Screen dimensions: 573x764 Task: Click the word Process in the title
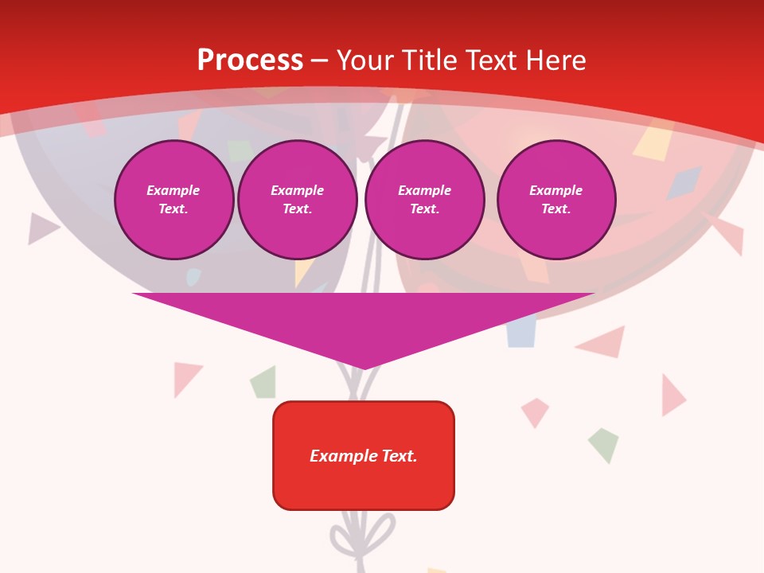pos(250,60)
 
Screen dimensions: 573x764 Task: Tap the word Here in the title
pos(555,60)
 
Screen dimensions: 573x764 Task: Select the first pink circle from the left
pos(173,200)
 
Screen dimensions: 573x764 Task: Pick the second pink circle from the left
pos(297,200)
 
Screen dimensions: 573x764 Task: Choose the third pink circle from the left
pos(424,200)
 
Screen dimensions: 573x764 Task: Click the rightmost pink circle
pos(555,200)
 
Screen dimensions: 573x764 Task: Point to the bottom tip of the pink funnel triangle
pos(364,368)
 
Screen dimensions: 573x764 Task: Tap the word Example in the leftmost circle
pos(173,190)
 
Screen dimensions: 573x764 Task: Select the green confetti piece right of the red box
pos(603,444)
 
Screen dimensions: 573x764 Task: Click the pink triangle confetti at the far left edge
pos(41,228)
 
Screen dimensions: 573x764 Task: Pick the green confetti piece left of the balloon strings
pos(264,383)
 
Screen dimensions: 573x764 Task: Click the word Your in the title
pos(366,60)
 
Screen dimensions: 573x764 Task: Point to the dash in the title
pos(319,60)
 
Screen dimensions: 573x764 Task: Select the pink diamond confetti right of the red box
pos(535,411)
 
